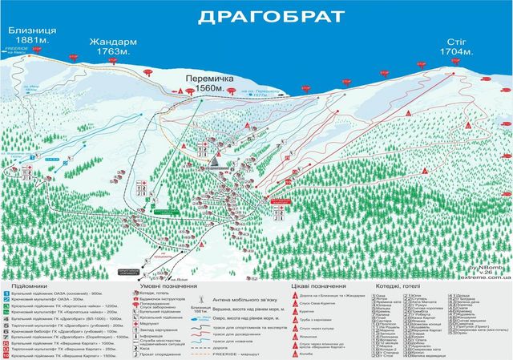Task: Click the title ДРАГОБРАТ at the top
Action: [x=256, y=16]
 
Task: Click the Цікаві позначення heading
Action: [x=318, y=285]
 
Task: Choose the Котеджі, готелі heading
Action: [x=408, y=285]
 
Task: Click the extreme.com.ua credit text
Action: [x=483, y=274]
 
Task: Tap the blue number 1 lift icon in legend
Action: [x=6, y=294]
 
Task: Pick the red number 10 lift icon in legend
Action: [x=6, y=353]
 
